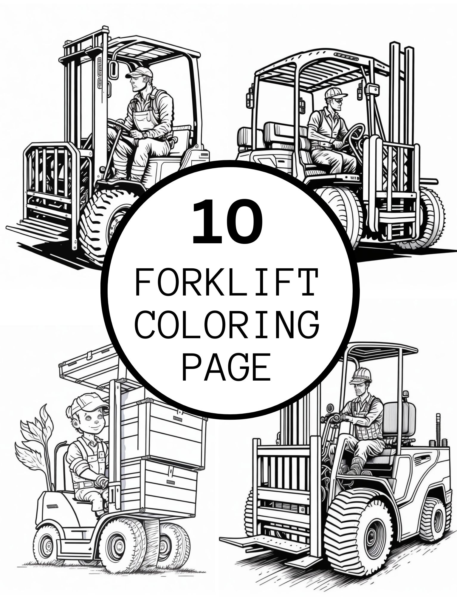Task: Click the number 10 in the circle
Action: (x=228, y=222)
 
